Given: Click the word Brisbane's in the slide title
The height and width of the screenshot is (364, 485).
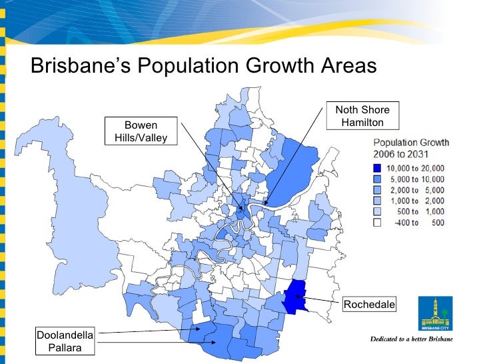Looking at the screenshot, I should tap(80, 66).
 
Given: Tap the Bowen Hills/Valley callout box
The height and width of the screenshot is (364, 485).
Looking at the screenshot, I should tap(141, 131).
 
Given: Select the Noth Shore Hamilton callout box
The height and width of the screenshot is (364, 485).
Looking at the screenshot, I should tap(362, 116).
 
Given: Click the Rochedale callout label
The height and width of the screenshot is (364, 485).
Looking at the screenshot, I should tap(368, 305).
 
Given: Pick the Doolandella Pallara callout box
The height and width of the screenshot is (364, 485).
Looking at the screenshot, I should tap(66, 341).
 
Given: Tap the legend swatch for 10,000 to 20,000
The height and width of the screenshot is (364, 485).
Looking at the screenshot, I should tap(377, 168).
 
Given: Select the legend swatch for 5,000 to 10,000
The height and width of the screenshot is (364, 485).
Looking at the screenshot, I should tap(377, 179).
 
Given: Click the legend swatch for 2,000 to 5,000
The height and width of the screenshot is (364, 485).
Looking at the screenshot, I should tap(377, 189).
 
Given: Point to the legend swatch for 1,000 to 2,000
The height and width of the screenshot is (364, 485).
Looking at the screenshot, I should tap(377, 200).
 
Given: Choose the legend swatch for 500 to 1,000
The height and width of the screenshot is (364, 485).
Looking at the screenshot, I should tap(377, 211).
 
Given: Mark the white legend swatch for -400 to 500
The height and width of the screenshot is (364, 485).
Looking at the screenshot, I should tap(377, 222).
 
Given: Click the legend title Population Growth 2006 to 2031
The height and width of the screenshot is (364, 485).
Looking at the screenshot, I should tap(410, 148).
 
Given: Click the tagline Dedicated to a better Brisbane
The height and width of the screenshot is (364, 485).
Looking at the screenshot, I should tap(411, 339).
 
